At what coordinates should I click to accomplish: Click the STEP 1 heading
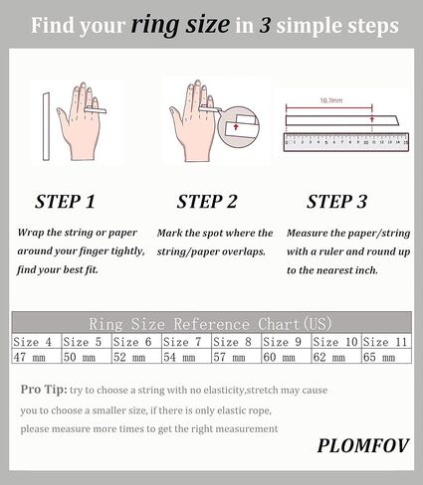click(66, 202)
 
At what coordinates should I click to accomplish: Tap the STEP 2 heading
click(207, 202)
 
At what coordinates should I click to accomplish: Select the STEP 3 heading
click(337, 202)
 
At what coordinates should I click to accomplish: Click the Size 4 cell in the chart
click(35, 342)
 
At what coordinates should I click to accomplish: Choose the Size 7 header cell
click(183, 342)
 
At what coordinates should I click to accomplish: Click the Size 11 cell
click(385, 342)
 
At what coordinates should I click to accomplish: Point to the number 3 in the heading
click(266, 25)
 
